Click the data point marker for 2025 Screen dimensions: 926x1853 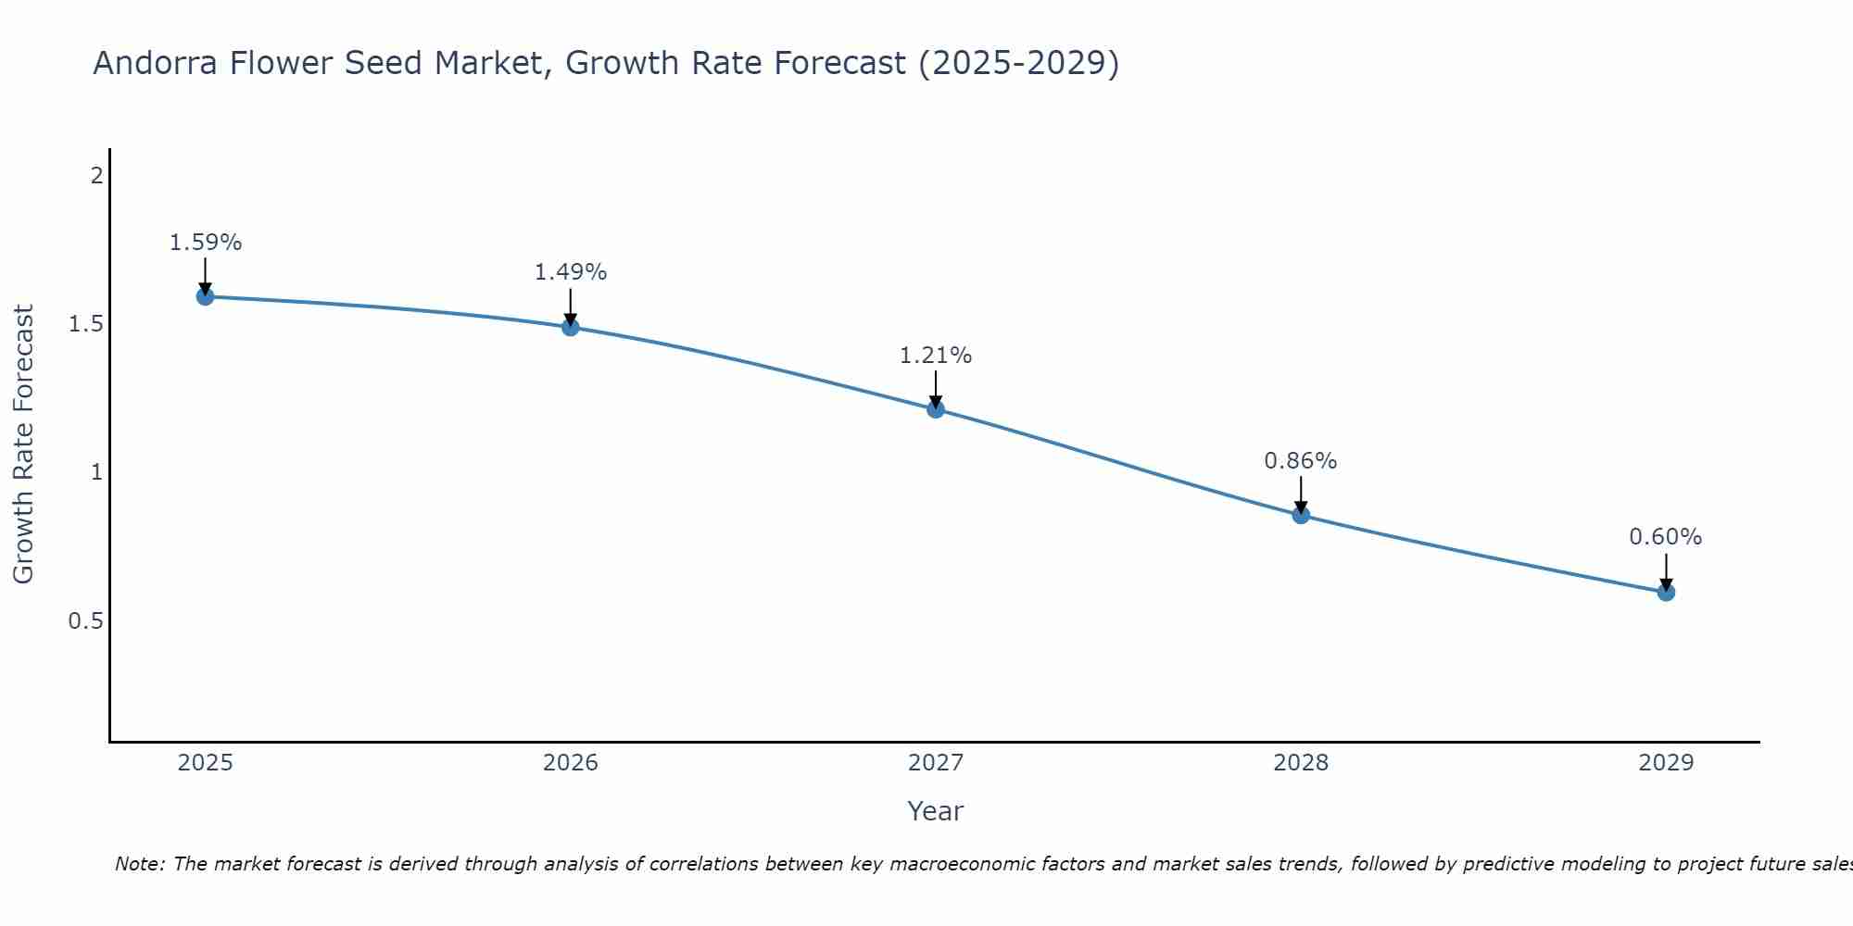point(205,296)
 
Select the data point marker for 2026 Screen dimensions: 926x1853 point(571,327)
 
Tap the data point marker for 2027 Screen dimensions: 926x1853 point(936,409)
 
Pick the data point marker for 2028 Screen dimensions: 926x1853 point(1301,515)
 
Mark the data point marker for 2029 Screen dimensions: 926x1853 point(1666,592)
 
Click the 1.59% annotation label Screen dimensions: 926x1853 point(205,243)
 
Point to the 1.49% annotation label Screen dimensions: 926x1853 point(571,272)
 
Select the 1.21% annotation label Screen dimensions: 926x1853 point(936,356)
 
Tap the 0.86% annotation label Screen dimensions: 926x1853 point(1301,461)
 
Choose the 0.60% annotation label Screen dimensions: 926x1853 point(1666,537)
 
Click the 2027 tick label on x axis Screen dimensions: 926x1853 point(936,763)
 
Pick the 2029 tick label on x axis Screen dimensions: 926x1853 point(1666,763)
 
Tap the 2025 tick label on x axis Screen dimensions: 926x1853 point(205,763)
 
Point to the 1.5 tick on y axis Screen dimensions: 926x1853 point(85,324)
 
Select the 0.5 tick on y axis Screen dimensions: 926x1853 point(85,620)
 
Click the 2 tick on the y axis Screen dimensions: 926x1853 point(96,175)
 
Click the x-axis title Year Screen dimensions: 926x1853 point(936,811)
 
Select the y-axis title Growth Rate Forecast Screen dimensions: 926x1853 point(24,444)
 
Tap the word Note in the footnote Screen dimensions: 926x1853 point(139,864)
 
